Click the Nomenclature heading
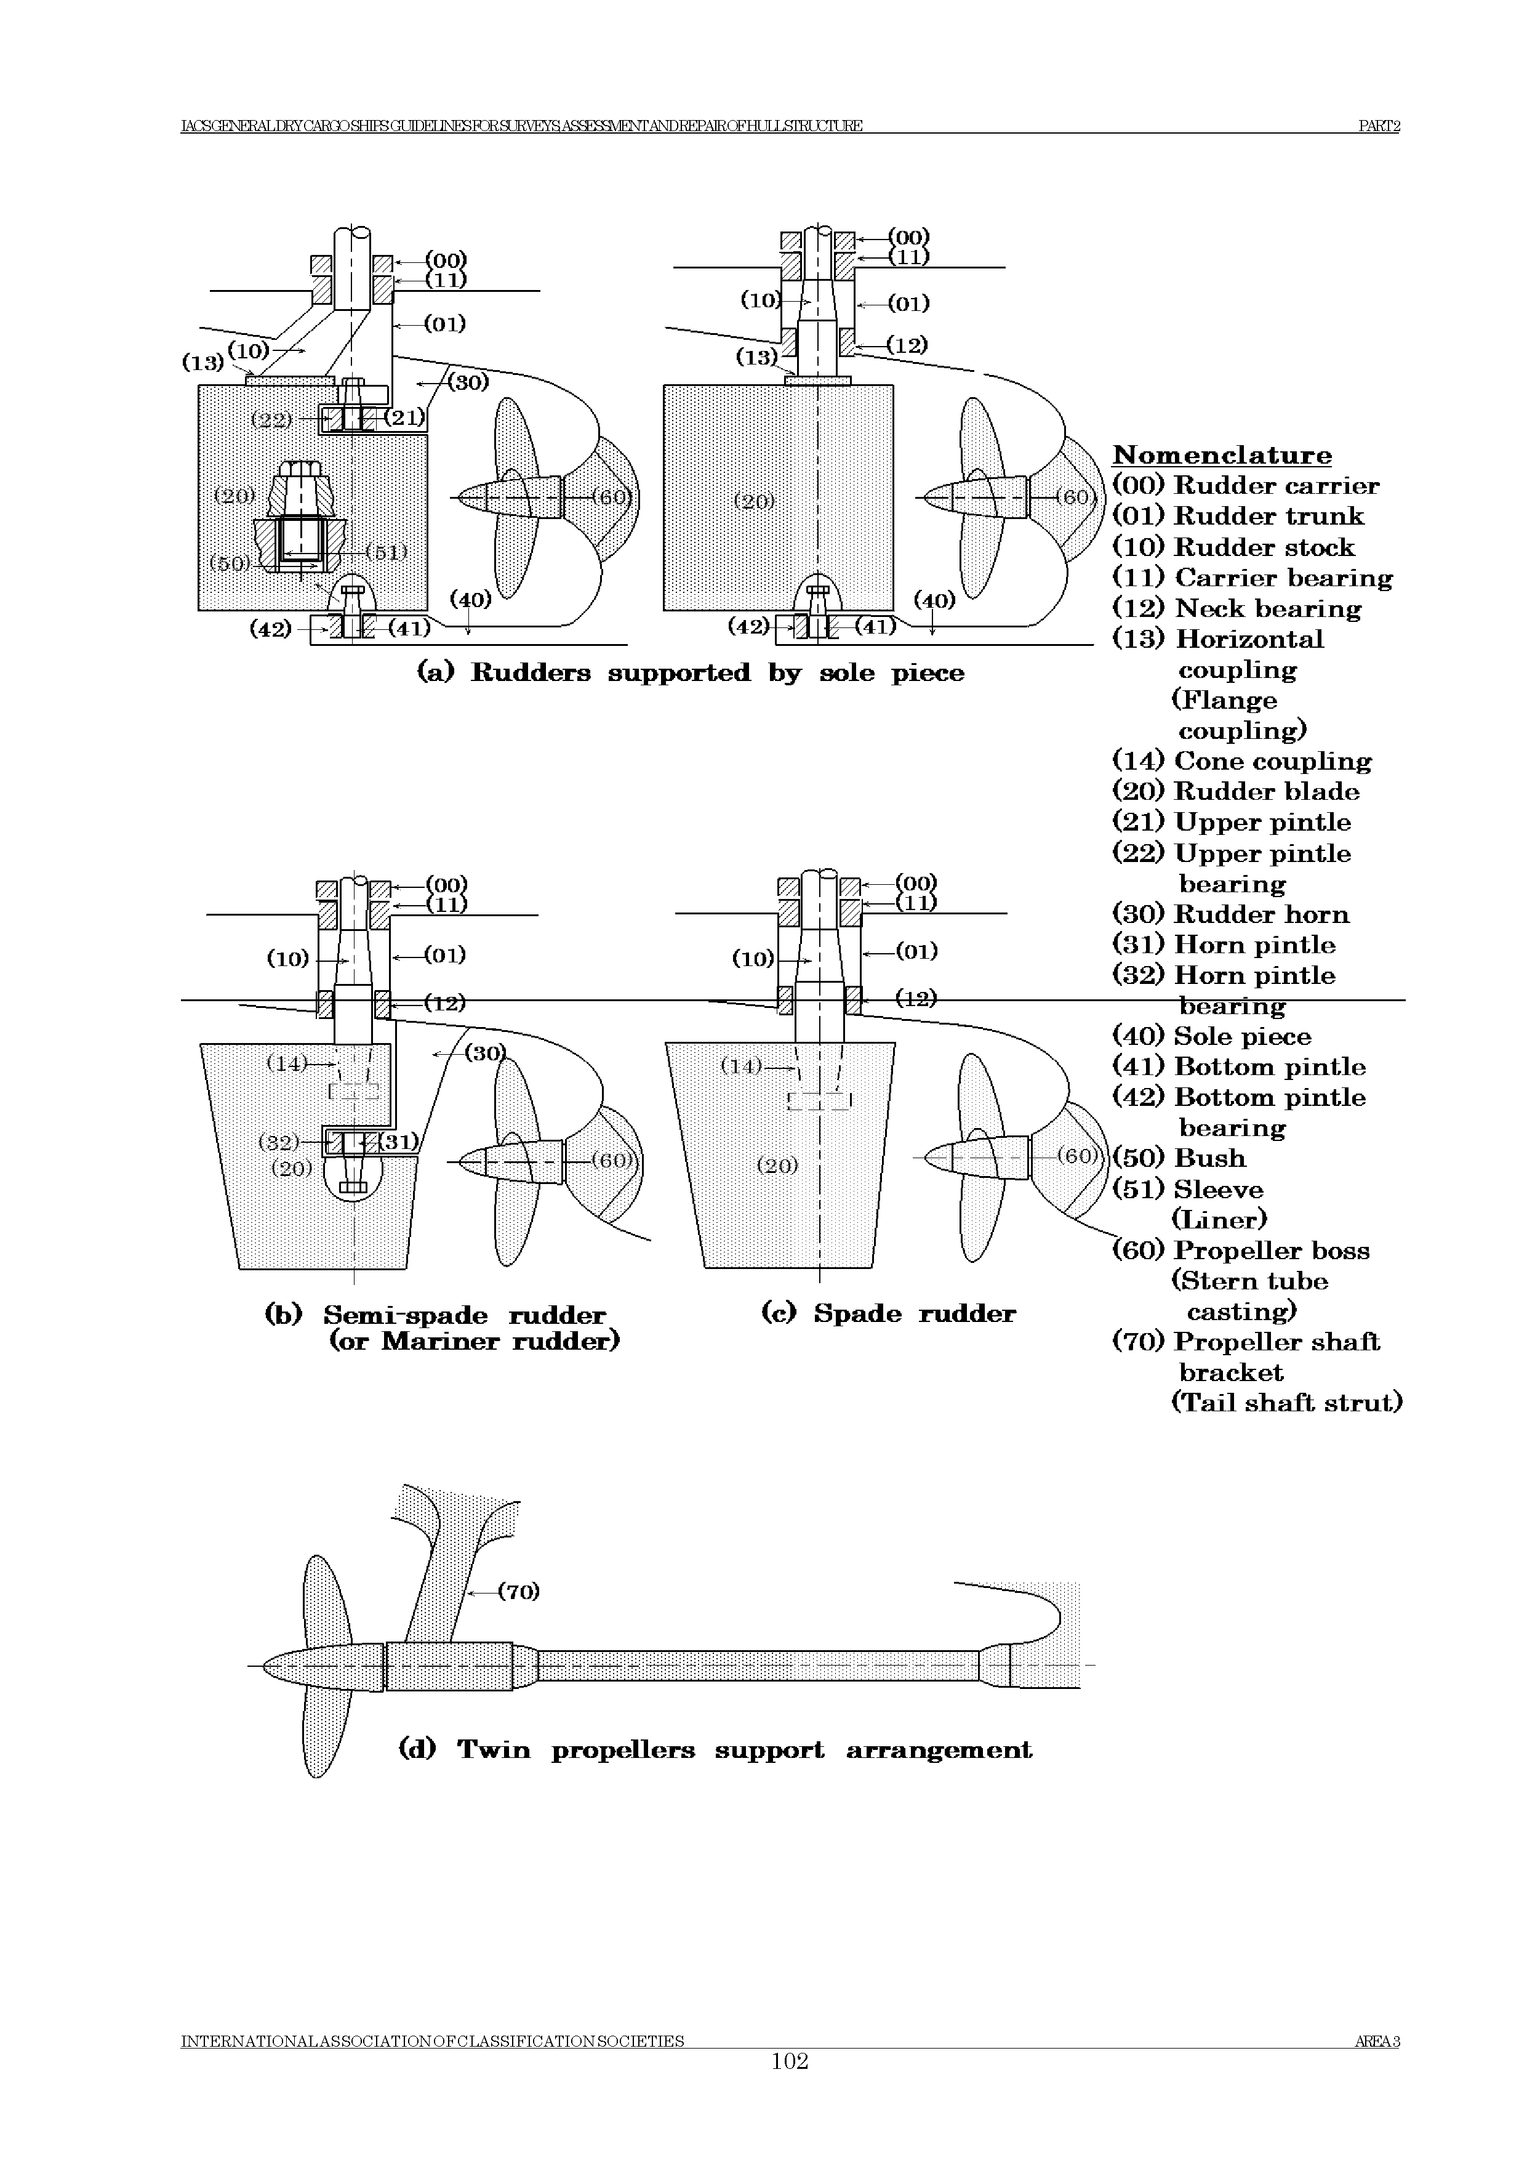pos(1221,455)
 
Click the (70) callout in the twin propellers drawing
pos(518,1592)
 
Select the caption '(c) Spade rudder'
pos(888,1313)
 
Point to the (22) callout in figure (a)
pos(272,419)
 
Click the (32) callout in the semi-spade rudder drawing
pos(278,1142)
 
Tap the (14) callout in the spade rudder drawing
pos(741,1066)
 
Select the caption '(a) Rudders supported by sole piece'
pos(690,672)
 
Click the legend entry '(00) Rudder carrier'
pos(1245,485)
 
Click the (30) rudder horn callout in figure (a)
pos(467,382)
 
